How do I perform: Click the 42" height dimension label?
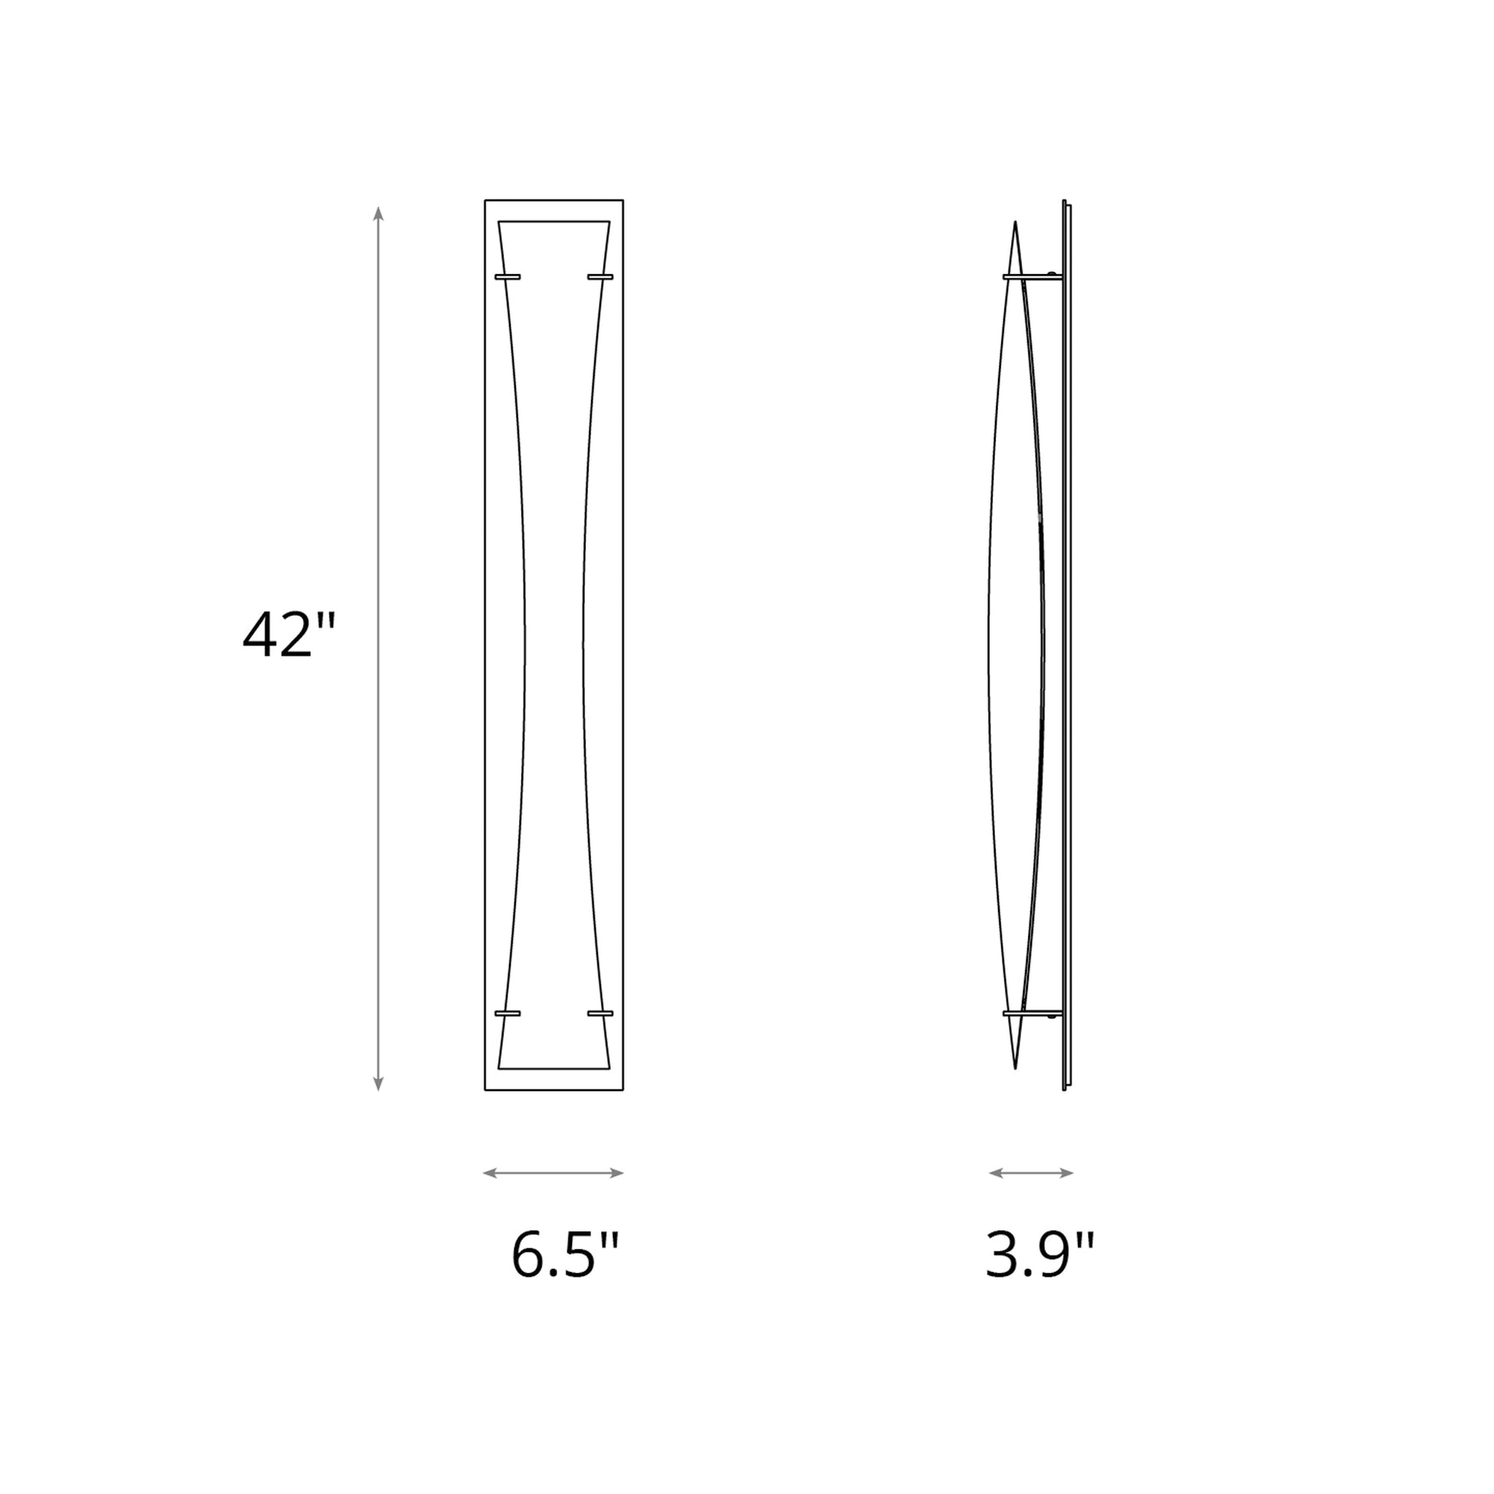[x=289, y=636]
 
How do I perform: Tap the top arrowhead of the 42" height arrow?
[x=378, y=213]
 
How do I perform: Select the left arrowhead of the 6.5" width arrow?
[x=490, y=1173]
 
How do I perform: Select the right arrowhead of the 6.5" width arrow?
[x=617, y=1173]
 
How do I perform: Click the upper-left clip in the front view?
[x=507, y=276]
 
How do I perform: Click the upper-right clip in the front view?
[x=600, y=276]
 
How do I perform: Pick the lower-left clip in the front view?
[x=507, y=1013]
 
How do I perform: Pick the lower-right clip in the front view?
[x=600, y=1013]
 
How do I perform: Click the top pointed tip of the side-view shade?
[x=1016, y=225]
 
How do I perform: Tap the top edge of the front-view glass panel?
[x=554, y=222]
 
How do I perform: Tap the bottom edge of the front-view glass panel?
[x=554, y=1069]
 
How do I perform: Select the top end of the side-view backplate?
[x=1066, y=203]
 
